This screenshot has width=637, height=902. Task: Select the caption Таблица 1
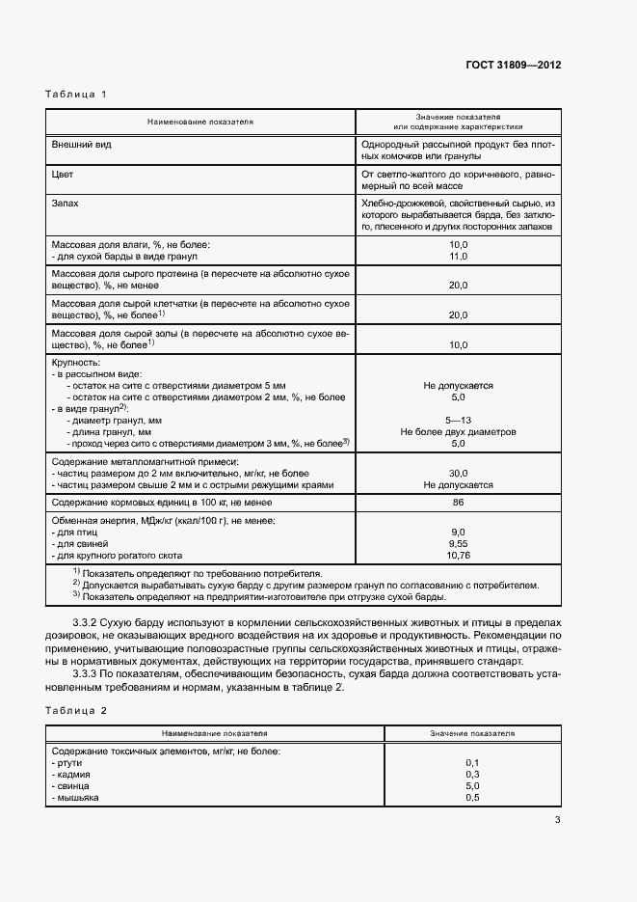[x=76, y=95]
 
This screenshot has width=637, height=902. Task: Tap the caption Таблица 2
[x=76, y=710]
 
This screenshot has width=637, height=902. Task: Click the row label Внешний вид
[x=82, y=144]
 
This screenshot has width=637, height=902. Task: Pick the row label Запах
[x=66, y=205]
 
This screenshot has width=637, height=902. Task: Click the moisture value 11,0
[x=458, y=257]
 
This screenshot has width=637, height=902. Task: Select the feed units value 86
[x=458, y=503]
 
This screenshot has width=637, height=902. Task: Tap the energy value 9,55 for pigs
[x=458, y=544]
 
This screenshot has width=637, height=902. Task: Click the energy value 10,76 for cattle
[x=458, y=556]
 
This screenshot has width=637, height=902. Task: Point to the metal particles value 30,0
[x=458, y=474]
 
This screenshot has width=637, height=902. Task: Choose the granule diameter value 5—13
[x=458, y=421]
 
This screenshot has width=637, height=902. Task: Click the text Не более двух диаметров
[x=458, y=432]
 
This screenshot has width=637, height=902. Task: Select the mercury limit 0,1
[x=472, y=763]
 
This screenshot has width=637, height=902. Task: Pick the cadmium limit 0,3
[x=472, y=775]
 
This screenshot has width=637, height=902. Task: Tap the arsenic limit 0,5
[x=472, y=798]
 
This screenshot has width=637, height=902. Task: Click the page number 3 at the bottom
[x=557, y=821]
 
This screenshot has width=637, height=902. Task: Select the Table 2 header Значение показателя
[x=472, y=733]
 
